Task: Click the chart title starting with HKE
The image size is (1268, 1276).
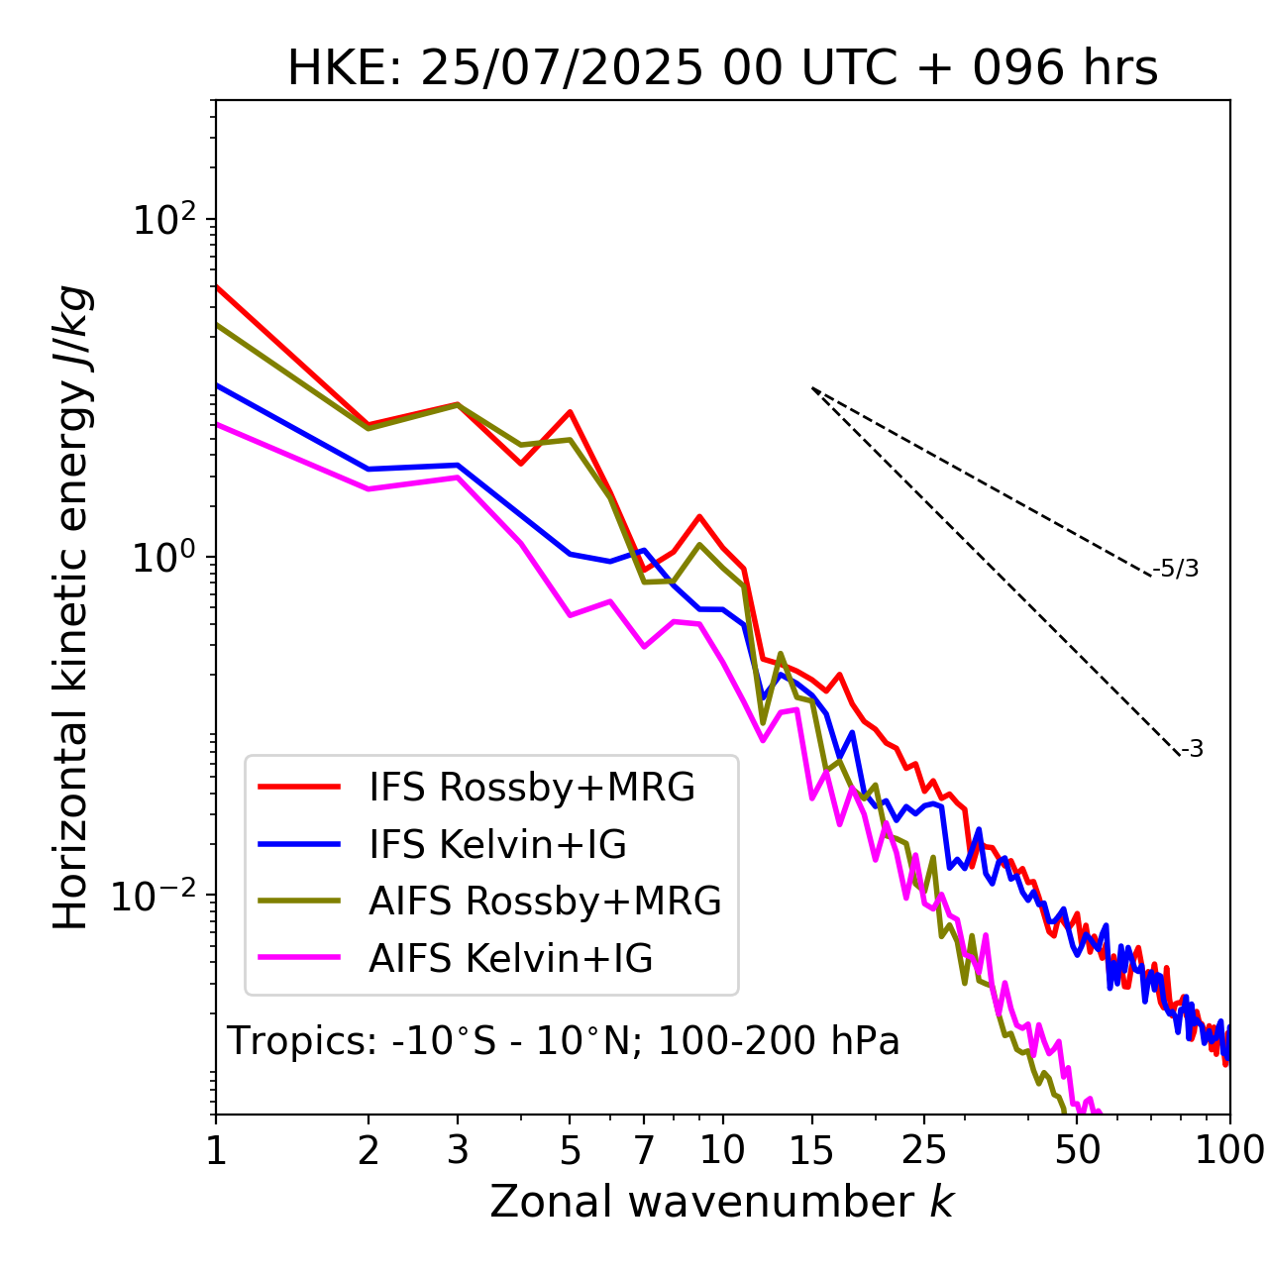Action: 722,69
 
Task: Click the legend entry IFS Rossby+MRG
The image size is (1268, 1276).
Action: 532,788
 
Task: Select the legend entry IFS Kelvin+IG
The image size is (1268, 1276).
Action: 497,844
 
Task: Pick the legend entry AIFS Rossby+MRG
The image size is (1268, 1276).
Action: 545,902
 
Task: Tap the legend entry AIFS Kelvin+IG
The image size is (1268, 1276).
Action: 510,959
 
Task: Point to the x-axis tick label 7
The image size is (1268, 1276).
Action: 644,1149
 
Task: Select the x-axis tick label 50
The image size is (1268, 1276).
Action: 1077,1149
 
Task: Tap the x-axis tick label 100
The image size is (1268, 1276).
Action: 1229,1149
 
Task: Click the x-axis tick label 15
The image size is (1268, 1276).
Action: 811,1149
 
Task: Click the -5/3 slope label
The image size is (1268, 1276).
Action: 1176,569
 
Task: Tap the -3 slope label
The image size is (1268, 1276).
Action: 1192,749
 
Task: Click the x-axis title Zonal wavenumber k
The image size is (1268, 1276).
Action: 722,1202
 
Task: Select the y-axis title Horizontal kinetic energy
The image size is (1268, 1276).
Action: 71,608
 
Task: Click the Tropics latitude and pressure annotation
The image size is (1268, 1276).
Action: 564,1041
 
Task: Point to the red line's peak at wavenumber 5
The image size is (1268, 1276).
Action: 571,411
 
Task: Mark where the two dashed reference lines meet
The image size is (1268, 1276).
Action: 812,388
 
